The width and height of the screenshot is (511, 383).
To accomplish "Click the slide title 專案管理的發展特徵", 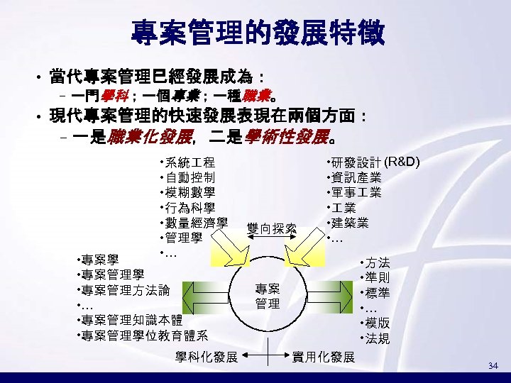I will point(258,32).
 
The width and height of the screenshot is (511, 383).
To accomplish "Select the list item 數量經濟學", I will point(195,222).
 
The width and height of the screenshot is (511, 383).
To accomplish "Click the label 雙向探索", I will point(271,228).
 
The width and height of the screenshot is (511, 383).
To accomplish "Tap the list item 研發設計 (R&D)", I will point(375,162).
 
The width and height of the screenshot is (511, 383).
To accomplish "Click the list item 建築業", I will point(350,223).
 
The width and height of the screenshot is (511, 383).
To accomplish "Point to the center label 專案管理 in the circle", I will point(268,296).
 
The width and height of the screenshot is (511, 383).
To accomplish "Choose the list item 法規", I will point(378,338).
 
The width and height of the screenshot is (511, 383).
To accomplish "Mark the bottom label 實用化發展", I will point(324,357).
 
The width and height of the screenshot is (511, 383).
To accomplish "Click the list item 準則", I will point(378,277).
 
